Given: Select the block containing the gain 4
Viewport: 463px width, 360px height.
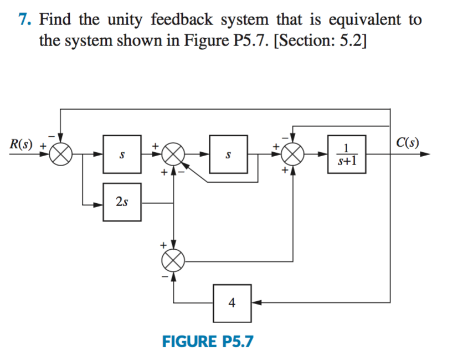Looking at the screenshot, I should click(232, 304).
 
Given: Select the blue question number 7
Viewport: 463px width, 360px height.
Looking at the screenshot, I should click(24, 20).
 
